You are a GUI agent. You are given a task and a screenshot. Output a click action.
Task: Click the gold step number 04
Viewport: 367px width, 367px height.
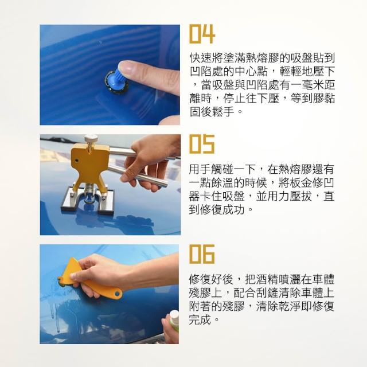click(202, 34)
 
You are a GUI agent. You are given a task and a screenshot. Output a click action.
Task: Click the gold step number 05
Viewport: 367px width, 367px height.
click(202, 144)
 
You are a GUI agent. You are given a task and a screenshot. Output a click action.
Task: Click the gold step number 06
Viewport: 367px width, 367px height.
click(202, 254)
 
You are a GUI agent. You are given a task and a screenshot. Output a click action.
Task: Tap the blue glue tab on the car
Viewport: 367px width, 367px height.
click(117, 81)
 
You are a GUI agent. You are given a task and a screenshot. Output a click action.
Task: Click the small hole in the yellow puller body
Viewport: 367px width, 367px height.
click(76, 161)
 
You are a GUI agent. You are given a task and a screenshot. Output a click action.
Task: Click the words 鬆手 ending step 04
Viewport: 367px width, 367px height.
click(223, 111)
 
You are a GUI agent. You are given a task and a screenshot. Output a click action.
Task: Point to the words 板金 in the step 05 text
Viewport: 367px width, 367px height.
click(300, 182)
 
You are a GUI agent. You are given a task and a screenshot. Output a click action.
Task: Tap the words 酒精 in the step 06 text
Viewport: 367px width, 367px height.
click(266, 279)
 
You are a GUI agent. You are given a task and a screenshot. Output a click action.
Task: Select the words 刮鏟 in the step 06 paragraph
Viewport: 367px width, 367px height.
click(266, 292)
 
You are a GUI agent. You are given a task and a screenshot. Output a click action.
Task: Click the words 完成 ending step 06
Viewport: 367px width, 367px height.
click(200, 319)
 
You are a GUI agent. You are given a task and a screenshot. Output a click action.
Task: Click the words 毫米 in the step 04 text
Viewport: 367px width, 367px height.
click(312, 85)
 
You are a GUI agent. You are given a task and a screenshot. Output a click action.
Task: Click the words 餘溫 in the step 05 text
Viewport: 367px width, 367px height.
click(223, 182)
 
